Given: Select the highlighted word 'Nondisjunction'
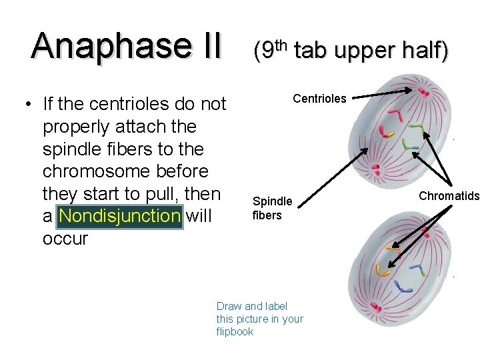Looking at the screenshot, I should coord(120,216).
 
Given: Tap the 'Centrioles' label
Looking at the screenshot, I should coord(319,99).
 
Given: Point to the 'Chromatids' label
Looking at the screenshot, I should coord(449,195).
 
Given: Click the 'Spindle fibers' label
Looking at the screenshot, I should coord(271,208).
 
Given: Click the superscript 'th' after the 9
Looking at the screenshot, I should coord(281,44).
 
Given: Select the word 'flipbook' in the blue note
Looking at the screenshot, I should coord(235,331).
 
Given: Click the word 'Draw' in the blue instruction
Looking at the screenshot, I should coord(229,306).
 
